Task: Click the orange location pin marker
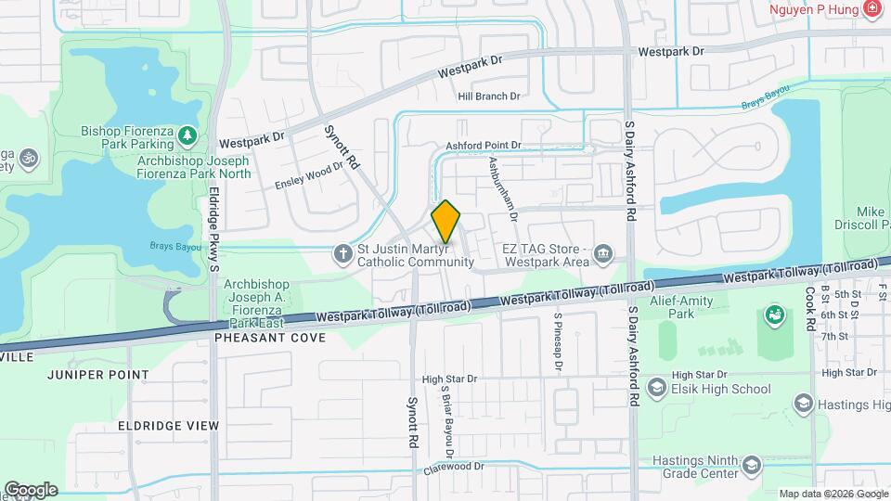(446, 222)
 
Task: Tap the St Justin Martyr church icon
(342, 252)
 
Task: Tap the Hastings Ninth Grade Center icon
(751, 465)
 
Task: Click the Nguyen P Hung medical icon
(871, 10)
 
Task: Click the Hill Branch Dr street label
(489, 96)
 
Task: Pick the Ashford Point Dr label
(484, 146)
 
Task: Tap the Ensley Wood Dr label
(308, 177)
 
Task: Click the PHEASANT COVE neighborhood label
(270, 338)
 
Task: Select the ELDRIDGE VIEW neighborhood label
(168, 426)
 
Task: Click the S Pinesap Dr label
(558, 341)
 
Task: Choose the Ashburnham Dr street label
(502, 187)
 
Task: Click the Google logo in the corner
(30, 489)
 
